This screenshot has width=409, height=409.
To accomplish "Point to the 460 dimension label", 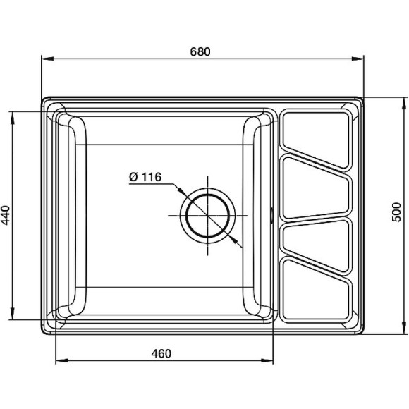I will coord(161,354).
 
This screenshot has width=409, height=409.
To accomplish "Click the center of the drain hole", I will coord(207,215).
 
